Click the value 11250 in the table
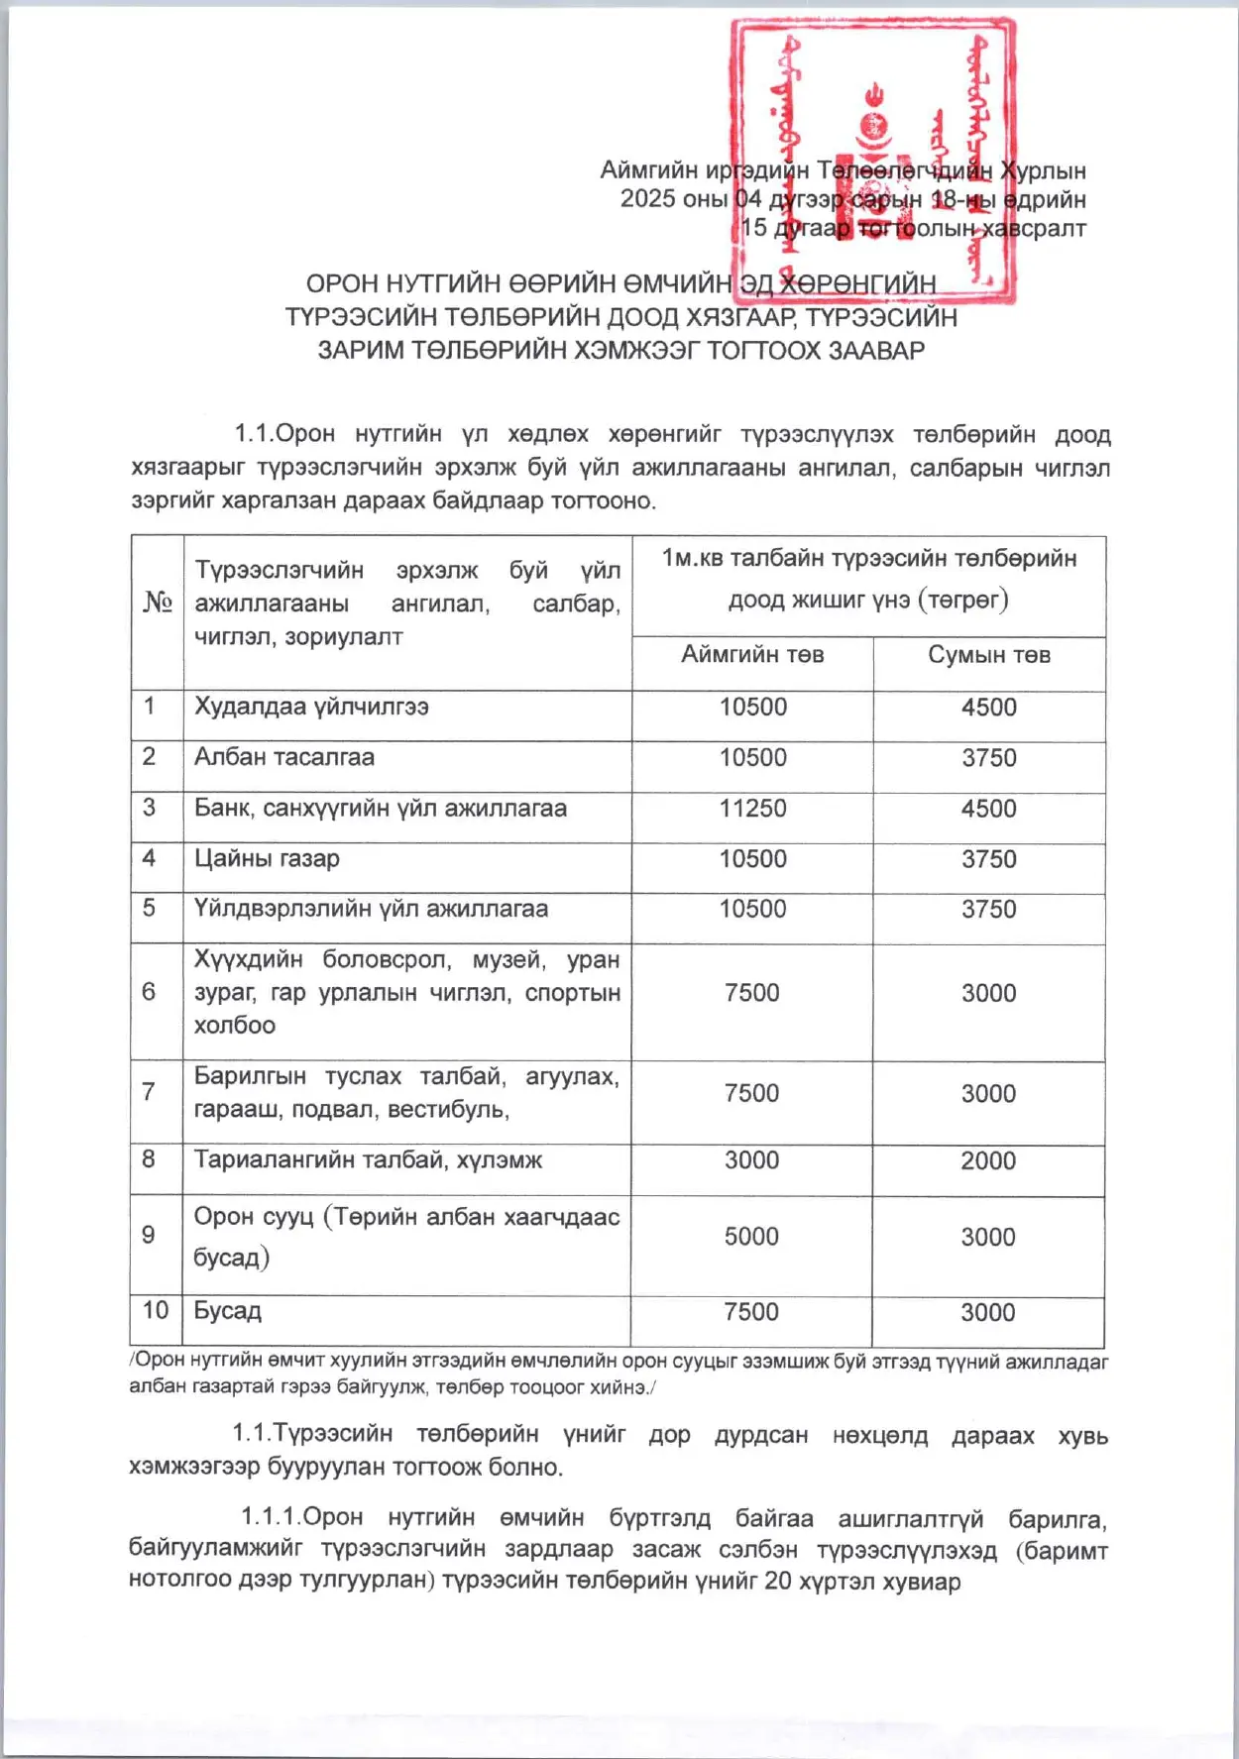tap(752, 808)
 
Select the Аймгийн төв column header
tap(752, 654)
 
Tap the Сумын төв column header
tap(988, 654)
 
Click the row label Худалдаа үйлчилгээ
tap(311, 707)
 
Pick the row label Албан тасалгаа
tap(283, 757)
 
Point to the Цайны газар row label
tap(266, 858)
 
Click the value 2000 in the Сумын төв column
tap(987, 1160)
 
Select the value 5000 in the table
tap(751, 1236)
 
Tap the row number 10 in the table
tap(156, 1310)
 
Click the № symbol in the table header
tap(157, 602)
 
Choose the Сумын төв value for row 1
tap(988, 707)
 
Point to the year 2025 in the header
tap(647, 199)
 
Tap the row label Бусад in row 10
tap(227, 1310)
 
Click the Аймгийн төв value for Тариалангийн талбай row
tap(751, 1160)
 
